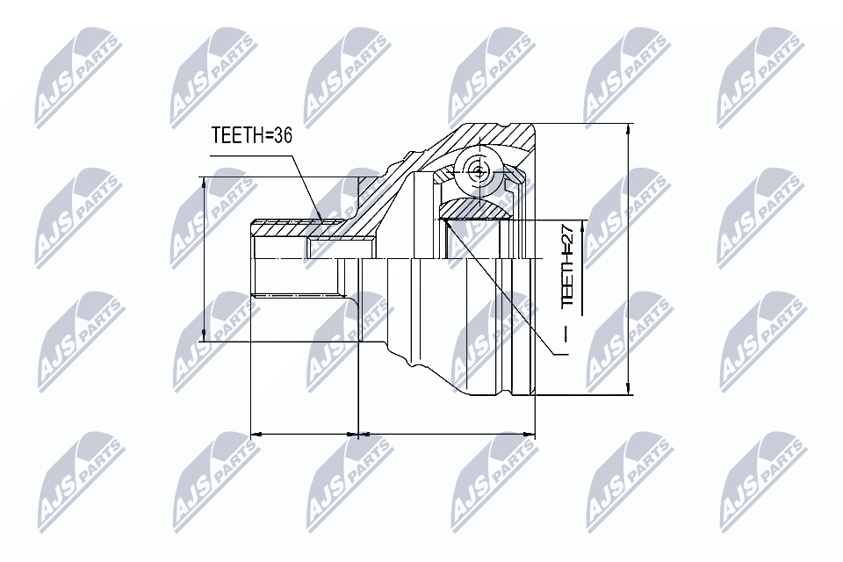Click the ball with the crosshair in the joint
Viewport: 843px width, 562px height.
tap(477, 171)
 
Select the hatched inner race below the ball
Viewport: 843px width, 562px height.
tap(478, 209)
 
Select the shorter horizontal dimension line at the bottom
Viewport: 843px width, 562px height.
tap(305, 434)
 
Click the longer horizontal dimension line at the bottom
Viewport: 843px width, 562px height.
tap(447, 434)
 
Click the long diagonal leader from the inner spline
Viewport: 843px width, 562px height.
tap(501, 290)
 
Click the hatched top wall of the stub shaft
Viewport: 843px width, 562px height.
tap(281, 229)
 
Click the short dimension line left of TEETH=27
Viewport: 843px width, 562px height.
tap(584, 242)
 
